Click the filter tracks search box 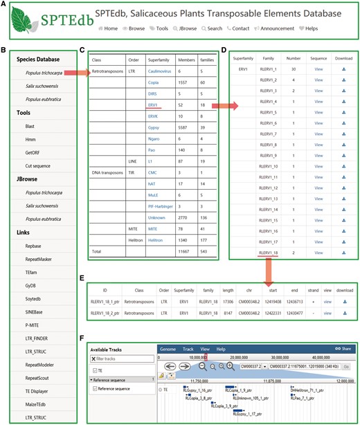click(x=121, y=359)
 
